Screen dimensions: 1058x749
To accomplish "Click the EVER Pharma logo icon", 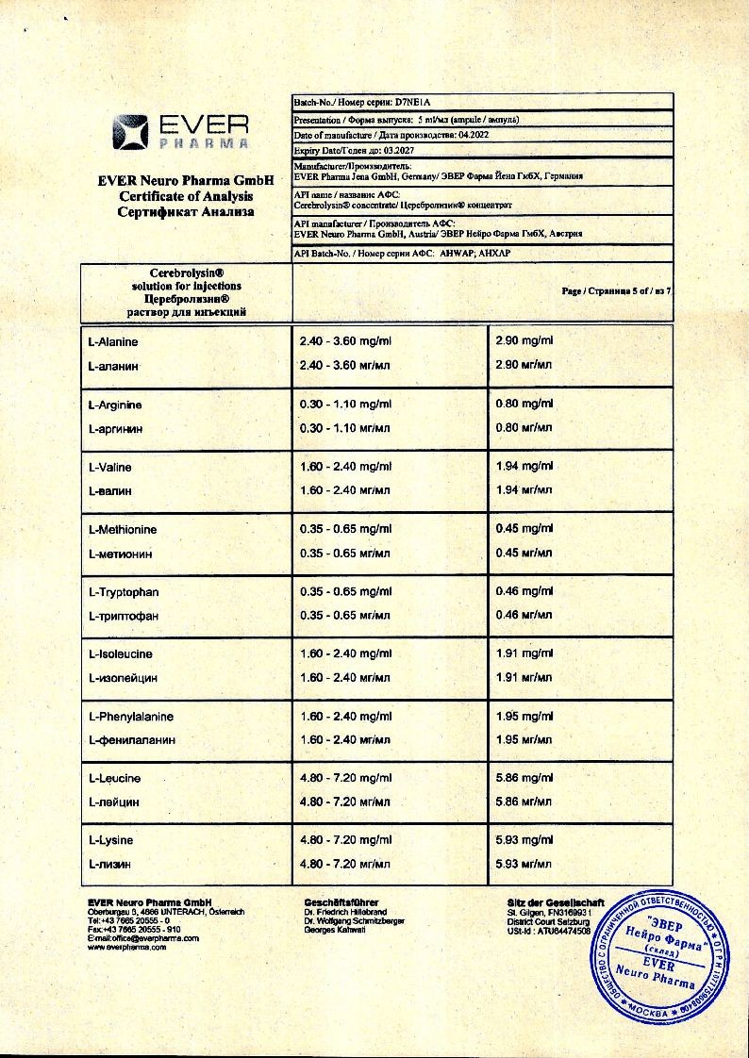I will click(x=130, y=131).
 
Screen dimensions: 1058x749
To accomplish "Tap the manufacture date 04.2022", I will click(x=476, y=135).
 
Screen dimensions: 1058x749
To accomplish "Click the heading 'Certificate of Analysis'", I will click(x=186, y=196).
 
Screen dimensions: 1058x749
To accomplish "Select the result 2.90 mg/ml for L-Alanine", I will click(x=524, y=340).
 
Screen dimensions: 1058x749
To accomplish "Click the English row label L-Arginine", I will click(x=115, y=405).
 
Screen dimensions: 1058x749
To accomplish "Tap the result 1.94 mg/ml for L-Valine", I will click(x=524, y=466).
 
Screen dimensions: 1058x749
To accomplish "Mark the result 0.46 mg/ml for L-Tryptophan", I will click(x=524, y=591).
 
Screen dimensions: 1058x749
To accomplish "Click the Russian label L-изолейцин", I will click(x=122, y=678).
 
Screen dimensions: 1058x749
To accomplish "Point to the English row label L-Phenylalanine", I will click(x=130, y=717).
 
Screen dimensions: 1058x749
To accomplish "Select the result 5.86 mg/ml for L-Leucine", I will click(x=524, y=778).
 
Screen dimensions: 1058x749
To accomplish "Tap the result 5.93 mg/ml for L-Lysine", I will click(x=524, y=839).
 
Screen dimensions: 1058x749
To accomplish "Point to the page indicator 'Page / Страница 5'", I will click(x=604, y=290).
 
